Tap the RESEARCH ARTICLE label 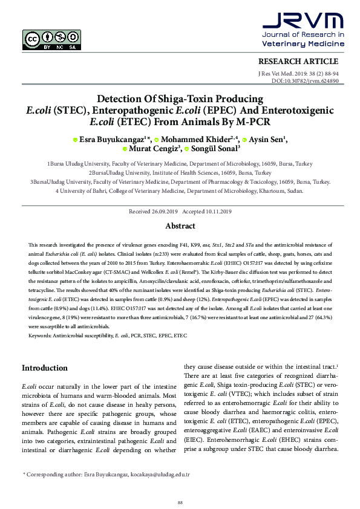click(x=298, y=61)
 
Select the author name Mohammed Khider click(x=197, y=138)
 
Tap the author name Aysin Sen click(x=265, y=138)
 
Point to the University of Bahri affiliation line click(x=180, y=191)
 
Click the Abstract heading click(x=180, y=226)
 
